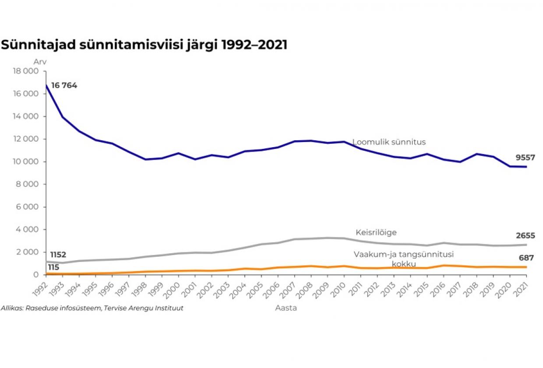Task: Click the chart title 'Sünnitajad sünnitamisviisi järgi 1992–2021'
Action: [x=144, y=45]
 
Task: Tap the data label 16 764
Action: [x=64, y=85]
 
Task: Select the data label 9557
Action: [x=525, y=158]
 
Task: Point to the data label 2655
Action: [x=525, y=236]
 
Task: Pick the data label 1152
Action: [x=58, y=255]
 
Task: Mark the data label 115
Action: [x=53, y=267]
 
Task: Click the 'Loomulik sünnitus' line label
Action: [x=389, y=142]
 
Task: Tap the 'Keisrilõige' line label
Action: [x=376, y=233]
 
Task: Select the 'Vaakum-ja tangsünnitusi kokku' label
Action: [x=403, y=259]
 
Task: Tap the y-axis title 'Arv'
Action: [x=40, y=62]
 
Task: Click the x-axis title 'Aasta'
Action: [x=286, y=308]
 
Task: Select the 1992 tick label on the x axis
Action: [x=41, y=286]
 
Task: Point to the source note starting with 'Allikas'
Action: [x=92, y=308]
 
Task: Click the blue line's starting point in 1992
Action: [x=46, y=85]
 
